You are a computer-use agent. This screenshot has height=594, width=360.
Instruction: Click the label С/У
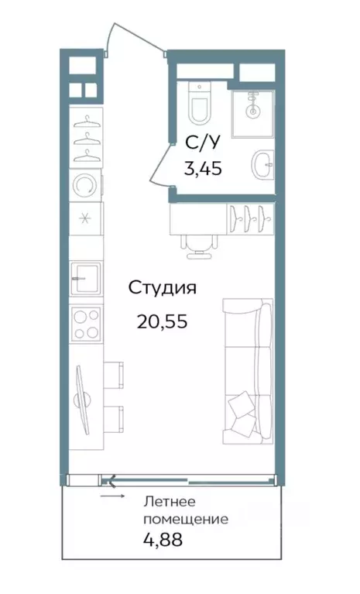pyautogui.click(x=201, y=142)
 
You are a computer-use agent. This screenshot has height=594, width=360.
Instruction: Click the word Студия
pyautogui.click(x=162, y=288)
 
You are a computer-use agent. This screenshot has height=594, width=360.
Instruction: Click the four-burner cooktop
pyautogui.click(x=86, y=324)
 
